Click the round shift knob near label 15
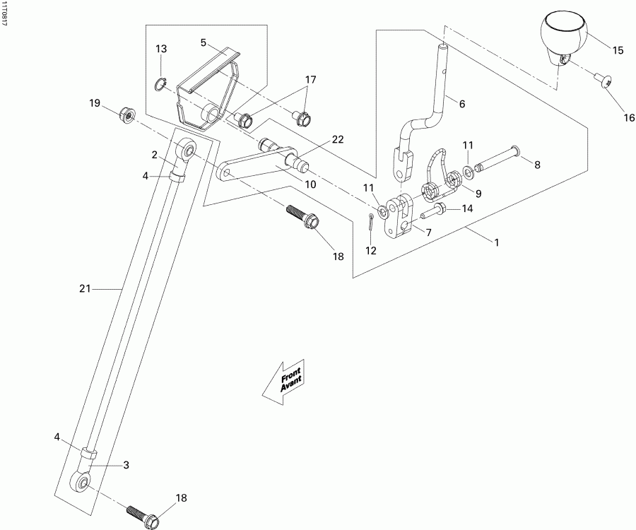coord(563,36)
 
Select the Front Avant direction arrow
coord(283,382)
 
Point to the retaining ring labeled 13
coord(161,85)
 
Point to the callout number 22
coord(338,139)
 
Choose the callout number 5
coord(203,43)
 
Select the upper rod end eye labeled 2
coord(186,150)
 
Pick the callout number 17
coord(310,80)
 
